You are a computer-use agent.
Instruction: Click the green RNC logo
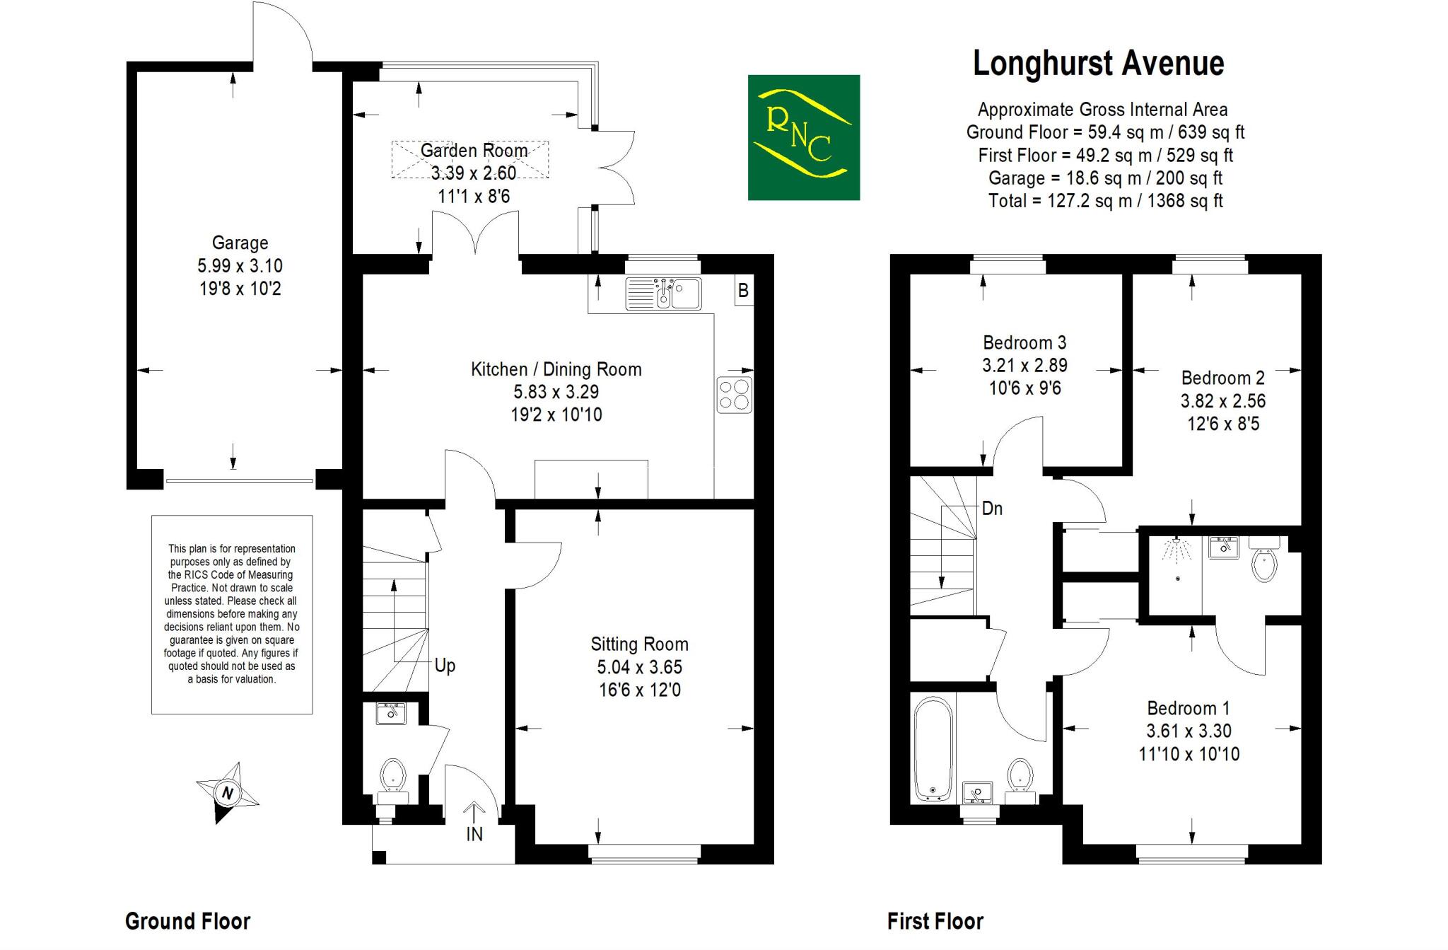pyautogui.click(x=803, y=137)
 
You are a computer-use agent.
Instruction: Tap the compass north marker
pyautogui.click(x=228, y=793)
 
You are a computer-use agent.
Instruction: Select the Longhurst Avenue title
pyautogui.click(x=1098, y=64)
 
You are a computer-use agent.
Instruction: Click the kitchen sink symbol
pyautogui.click(x=663, y=293)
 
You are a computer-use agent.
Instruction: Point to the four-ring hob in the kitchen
pyautogui.click(x=735, y=395)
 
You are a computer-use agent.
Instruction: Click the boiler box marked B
pyautogui.click(x=743, y=290)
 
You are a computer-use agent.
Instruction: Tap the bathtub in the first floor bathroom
pyautogui.click(x=933, y=748)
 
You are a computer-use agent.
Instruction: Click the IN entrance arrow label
pyautogui.click(x=474, y=834)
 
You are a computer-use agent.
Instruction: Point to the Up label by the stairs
pyautogui.click(x=445, y=666)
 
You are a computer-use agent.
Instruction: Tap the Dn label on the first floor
pyautogui.click(x=992, y=509)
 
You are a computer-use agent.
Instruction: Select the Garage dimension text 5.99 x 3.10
pyautogui.click(x=240, y=266)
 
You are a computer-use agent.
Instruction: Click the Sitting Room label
pyautogui.click(x=639, y=644)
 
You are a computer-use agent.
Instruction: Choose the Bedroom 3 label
pyautogui.click(x=1024, y=343)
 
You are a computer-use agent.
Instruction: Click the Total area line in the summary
pyautogui.click(x=1105, y=201)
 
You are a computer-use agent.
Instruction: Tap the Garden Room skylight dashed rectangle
pyautogui.click(x=470, y=160)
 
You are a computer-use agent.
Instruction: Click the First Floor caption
pyautogui.click(x=935, y=921)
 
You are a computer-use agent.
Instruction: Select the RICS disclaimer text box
pyautogui.click(x=232, y=614)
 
